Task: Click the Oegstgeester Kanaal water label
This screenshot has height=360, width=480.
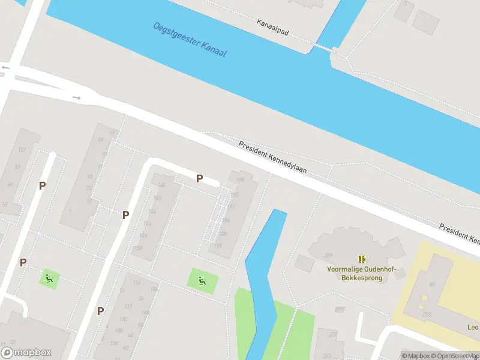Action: click(190, 41)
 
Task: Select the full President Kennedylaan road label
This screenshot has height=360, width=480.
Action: click(272, 157)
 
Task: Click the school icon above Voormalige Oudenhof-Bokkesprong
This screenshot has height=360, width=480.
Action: click(362, 259)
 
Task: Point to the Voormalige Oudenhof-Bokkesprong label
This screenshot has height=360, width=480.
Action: click(362, 274)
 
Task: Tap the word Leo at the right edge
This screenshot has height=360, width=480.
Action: click(473, 328)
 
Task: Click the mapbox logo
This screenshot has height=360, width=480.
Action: click(26, 353)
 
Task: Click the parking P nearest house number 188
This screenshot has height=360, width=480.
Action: click(199, 178)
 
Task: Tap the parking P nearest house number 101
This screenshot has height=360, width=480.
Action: click(42, 186)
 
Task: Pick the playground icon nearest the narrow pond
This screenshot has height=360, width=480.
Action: click(202, 279)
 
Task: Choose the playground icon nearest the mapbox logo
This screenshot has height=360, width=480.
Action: click(49, 278)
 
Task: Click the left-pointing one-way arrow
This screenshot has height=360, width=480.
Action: click(6, 68)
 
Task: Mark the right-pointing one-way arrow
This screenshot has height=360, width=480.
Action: click(76, 97)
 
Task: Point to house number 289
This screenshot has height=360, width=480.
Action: click(328, 256)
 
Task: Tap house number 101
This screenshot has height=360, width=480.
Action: click(22, 150)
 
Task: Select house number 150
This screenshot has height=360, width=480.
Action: click(139, 248)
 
